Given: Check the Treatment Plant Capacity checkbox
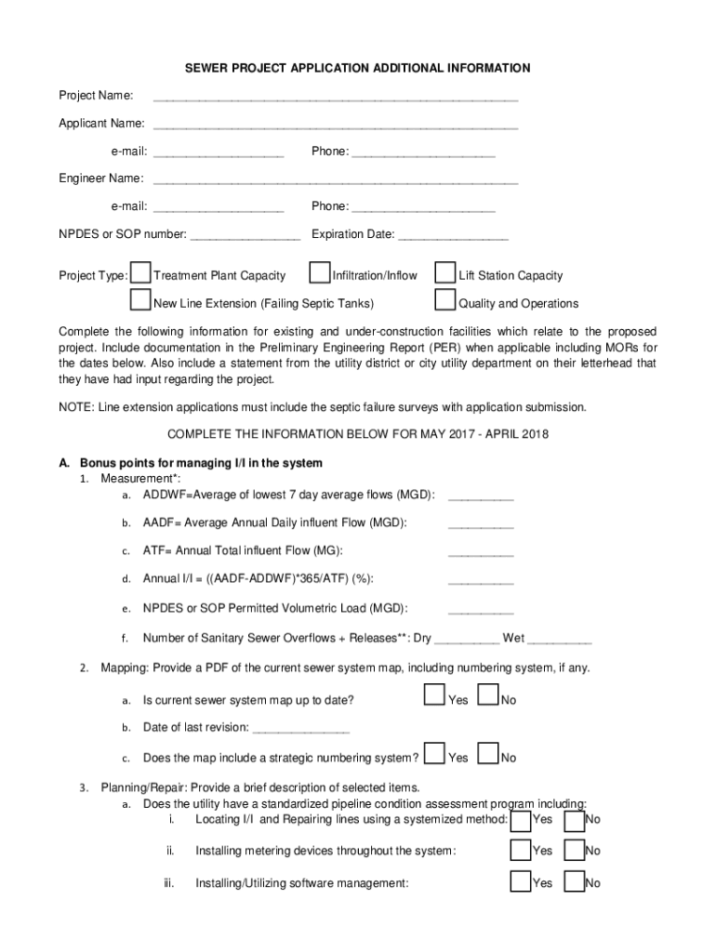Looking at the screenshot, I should click(x=141, y=272).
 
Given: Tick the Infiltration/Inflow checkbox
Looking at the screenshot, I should click(x=320, y=272).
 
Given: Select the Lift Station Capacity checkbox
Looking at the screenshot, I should click(x=445, y=272).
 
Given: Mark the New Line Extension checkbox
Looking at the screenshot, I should click(x=141, y=300).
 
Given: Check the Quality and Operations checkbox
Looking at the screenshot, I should click(x=445, y=300).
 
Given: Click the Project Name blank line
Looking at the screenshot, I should click(x=335, y=97).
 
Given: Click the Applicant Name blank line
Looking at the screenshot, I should click(x=335, y=125).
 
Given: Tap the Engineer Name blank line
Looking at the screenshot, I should click(x=335, y=179).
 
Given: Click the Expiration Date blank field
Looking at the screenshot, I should click(x=453, y=235).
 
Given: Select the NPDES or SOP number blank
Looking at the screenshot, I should click(x=245, y=235).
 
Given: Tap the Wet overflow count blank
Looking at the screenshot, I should click(x=560, y=640).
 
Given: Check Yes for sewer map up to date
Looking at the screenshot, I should click(x=434, y=696).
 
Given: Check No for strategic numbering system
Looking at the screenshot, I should click(x=488, y=754).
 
